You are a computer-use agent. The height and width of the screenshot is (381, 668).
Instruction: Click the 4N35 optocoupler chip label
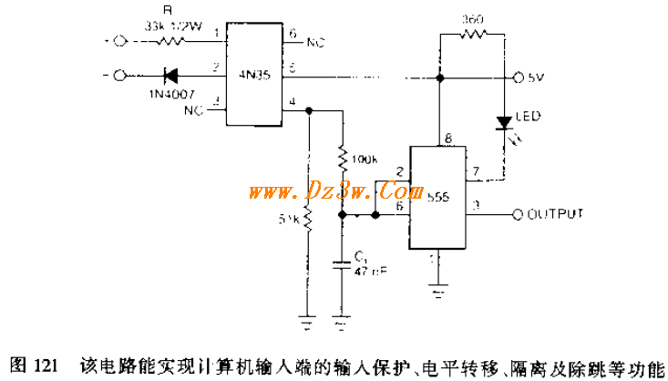[254, 77]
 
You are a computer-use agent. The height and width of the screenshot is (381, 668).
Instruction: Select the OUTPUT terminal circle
[518, 214]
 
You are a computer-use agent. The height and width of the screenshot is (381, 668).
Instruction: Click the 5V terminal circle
[518, 77]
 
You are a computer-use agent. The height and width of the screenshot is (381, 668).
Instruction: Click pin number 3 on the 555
[476, 206]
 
